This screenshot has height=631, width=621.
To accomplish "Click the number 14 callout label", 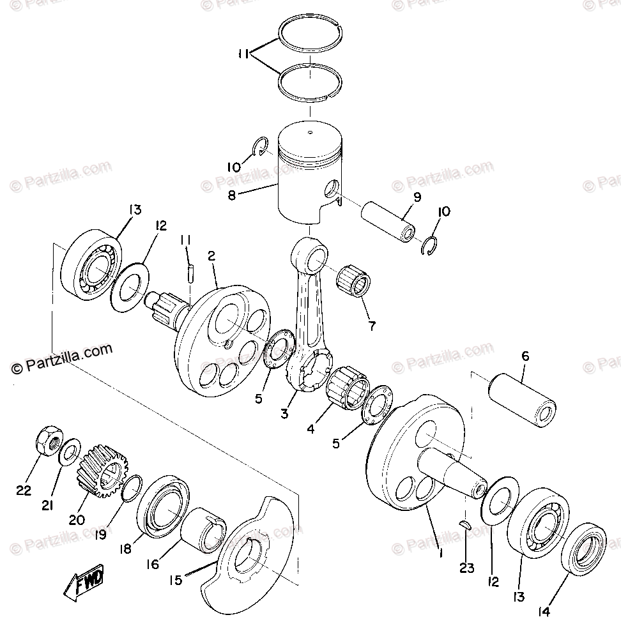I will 543,611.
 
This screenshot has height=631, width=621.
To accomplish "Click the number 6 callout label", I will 525,357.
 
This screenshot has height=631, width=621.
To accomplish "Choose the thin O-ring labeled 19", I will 131,489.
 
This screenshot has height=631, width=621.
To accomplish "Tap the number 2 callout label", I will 211,256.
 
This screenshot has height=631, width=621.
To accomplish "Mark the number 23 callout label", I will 467,567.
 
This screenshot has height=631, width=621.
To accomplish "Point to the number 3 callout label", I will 284,414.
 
